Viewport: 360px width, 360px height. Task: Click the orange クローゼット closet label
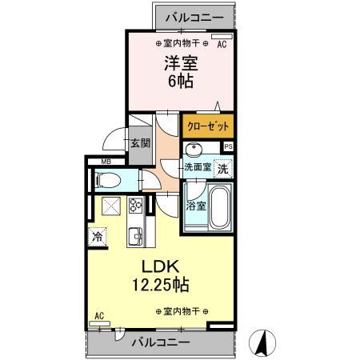pos(208,126)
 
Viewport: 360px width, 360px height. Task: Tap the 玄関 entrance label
pos(139,144)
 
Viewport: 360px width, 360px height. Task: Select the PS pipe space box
pos(228,146)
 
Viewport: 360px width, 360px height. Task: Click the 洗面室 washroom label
pos(197,168)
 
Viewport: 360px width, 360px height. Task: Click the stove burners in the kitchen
pos(134,206)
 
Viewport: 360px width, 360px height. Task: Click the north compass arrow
pos(260,343)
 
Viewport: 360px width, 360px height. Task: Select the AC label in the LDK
pos(99,316)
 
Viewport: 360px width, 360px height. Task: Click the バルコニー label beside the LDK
pos(161,342)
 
